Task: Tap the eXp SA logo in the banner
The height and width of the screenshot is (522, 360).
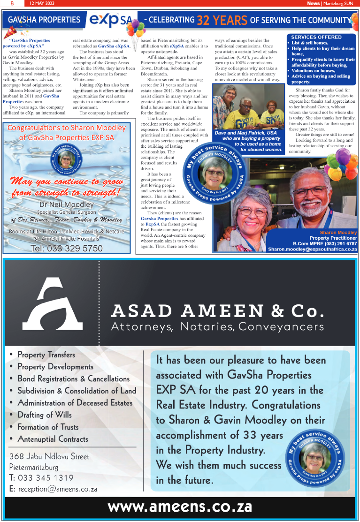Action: (x=111, y=21)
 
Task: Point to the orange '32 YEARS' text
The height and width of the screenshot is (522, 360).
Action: (x=222, y=20)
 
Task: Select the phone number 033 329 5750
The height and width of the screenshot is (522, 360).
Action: (x=66, y=248)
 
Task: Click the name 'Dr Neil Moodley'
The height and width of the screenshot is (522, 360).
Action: (x=67, y=204)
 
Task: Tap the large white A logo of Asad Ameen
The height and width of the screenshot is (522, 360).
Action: (x=55, y=304)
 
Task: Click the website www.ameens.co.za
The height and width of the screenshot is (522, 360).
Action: (x=180, y=507)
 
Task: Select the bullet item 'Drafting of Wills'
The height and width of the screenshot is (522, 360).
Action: (x=45, y=415)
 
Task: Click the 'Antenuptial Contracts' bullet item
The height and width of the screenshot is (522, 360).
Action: (x=53, y=439)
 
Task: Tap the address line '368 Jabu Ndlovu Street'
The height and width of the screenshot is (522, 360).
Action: (x=49, y=456)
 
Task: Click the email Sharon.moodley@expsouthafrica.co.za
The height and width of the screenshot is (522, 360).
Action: (x=313, y=250)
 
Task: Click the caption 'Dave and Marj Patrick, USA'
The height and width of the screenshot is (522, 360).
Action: (x=245, y=133)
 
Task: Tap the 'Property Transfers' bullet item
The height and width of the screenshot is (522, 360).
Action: (x=46, y=355)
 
